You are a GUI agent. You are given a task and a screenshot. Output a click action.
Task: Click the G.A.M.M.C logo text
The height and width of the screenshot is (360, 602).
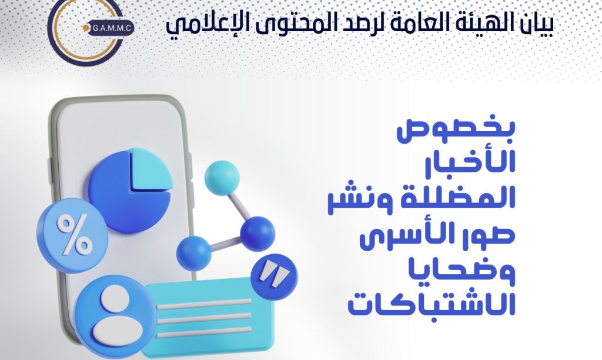112,28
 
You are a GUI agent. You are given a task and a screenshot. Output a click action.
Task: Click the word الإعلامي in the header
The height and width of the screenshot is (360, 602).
202,25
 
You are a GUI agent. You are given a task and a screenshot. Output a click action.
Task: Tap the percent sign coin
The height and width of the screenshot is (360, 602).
72,235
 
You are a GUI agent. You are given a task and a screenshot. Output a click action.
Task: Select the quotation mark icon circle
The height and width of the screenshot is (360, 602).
274,276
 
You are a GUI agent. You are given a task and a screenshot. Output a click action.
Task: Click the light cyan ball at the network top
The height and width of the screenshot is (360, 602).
222,178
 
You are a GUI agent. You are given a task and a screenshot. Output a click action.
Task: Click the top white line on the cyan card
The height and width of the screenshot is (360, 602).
204,304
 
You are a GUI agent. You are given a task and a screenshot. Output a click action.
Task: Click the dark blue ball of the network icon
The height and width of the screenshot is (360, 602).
257,234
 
